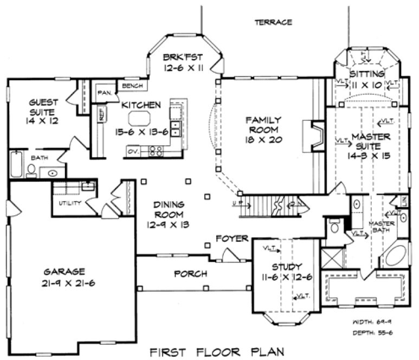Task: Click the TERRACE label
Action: [x=273, y=22]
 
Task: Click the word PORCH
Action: [x=190, y=274]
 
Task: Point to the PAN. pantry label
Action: [x=104, y=93]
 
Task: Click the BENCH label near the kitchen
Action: [x=133, y=86]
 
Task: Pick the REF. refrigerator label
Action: [x=101, y=115]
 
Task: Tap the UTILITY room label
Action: [x=70, y=203]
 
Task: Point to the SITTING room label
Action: [x=367, y=74]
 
